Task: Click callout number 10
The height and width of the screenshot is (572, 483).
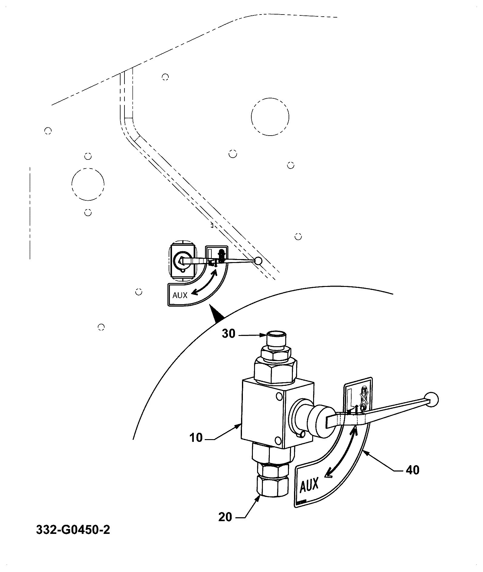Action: tap(196, 438)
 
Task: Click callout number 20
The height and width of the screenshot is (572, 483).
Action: tap(225, 517)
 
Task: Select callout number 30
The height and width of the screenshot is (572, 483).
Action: tap(229, 334)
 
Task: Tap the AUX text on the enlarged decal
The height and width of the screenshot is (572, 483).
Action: tap(309, 485)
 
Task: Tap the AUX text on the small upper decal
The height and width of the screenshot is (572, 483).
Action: tap(180, 295)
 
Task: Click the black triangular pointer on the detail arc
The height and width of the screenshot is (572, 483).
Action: tap(217, 314)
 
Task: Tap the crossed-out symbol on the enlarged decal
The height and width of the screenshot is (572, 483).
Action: tap(363, 397)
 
